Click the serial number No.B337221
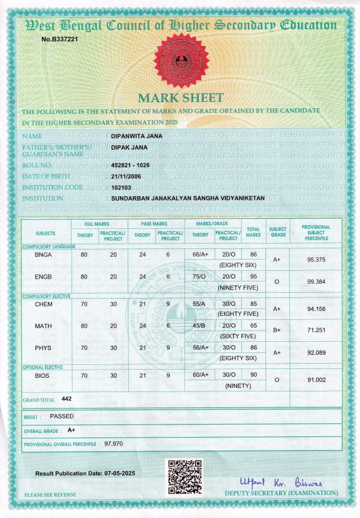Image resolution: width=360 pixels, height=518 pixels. (60, 39)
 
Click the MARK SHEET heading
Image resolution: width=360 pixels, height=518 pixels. (180, 98)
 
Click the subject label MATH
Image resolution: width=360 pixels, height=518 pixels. (44, 325)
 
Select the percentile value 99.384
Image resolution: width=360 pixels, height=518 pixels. (317, 282)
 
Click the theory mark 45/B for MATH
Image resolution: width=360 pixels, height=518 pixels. (200, 325)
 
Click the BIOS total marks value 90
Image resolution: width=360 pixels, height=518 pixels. (253, 375)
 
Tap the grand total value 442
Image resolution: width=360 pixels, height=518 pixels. (66, 399)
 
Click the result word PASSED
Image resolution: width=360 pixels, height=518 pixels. (62, 416)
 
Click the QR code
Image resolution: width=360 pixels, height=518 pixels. (185, 477)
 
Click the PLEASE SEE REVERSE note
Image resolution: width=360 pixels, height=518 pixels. (50, 494)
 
